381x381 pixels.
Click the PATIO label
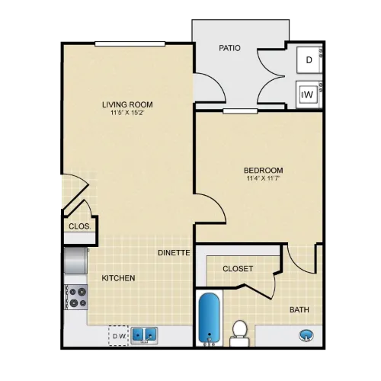tap(229, 48)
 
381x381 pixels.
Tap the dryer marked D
tap(309, 60)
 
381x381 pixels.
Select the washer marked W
tap(308, 94)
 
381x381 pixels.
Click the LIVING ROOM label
tap(127, 104)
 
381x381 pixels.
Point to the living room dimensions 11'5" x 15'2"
tap(127, 113)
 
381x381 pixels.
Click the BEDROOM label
tap(264, 170)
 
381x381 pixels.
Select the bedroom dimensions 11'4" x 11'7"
tap(264, 178)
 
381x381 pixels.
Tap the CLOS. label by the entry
tap(80, 226)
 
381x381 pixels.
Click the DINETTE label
tap(174, 253)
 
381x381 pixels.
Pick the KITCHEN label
tap(118, 278)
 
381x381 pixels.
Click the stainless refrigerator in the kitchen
tap(75, 261)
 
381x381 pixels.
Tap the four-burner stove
tap(76, 297)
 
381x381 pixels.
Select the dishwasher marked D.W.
tap(118, 336)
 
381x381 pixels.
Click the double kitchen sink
tap(144, 335)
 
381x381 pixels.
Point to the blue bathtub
tap(209, 319)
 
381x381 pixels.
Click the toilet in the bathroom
tap(239, 333)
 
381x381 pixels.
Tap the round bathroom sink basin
tap(306, 335)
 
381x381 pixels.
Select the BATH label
tap(299, 310)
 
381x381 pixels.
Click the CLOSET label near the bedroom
tap(238, 269)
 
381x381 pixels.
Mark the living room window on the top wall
tap(130, 43)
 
